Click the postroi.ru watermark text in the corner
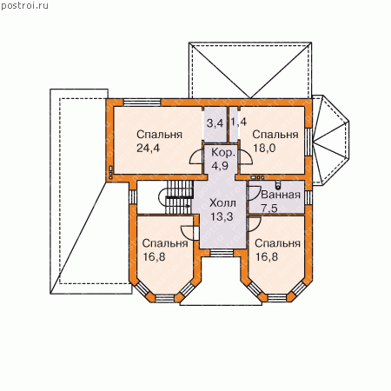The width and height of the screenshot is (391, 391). point(24,5)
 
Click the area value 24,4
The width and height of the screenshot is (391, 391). point(148,148)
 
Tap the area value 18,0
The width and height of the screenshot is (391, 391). point(264,148)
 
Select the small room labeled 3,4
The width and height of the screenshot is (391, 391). point(215,124)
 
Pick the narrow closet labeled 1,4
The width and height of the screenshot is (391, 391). point(234,124)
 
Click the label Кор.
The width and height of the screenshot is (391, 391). point(223,152)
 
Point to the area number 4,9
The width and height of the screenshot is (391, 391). point(220,166)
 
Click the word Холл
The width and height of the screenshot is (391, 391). point(222,203)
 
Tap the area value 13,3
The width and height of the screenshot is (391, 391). point(222,216)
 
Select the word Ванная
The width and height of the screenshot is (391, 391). point(281,195)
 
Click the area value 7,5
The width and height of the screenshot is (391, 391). point(269,208)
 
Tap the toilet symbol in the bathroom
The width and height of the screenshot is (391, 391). point(278,184)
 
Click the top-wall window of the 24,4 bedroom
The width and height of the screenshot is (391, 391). point(142,103)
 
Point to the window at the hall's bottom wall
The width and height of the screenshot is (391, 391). point(222,253)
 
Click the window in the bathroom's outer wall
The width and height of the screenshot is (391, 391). point(308,197)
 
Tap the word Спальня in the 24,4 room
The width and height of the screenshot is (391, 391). point(159,135)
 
